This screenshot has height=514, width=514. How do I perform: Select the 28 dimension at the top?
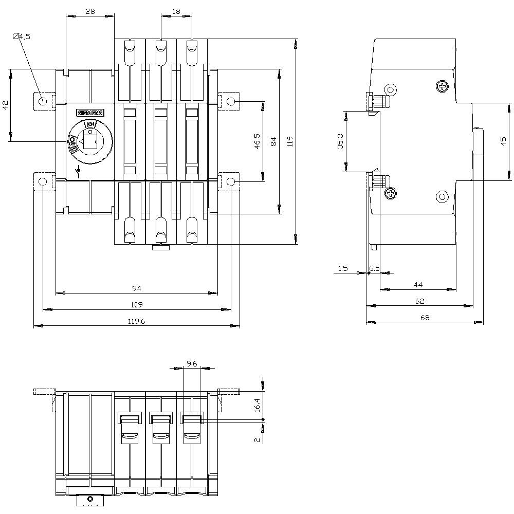pos(90,11)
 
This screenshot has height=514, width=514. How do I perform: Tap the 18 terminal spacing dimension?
pos(176,11)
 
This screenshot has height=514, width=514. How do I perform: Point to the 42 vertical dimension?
pos(5,105)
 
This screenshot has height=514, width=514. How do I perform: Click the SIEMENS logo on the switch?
pos(90,113)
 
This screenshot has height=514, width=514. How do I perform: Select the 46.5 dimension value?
pos(258,142)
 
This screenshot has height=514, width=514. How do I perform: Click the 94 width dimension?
pos(136,288)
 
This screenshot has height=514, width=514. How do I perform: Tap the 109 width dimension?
pos(136,305)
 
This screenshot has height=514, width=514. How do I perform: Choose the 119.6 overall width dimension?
pos(136,321)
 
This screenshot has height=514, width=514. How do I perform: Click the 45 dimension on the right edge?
pos(503,141)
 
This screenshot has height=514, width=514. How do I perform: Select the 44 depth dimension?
pos(417,284)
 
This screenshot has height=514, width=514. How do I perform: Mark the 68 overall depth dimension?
pos(425,318)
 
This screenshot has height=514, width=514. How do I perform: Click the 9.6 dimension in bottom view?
pos(192,363)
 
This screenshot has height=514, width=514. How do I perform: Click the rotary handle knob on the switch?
pos(90,140)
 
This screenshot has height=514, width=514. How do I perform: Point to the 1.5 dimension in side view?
pos(343,268)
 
